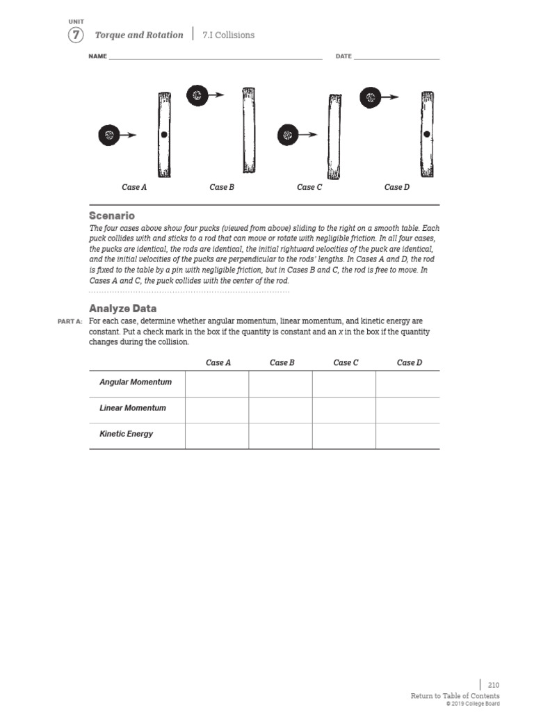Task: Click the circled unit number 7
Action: tap(76, 35)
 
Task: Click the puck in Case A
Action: tap(108, 136)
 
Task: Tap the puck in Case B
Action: tap(197, 96)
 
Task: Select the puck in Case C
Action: tap(288, 136)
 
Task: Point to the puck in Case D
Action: tap(370, 98)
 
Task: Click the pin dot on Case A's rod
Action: tap(163, 135)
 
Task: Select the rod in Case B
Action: tap(248, 129)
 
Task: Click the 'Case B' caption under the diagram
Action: tap(222, 187)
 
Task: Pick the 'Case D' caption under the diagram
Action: tap(397, 187)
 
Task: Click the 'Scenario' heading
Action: tap(112, 216)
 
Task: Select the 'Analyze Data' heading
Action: tap(122, 309)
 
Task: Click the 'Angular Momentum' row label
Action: tap(136, 382)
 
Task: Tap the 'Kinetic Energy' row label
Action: tap(127, 434)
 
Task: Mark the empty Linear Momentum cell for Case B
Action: tap(280, 410)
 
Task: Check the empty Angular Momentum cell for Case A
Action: tap(217, 384)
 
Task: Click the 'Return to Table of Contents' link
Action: tap(455, 696)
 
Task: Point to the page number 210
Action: tap(493, 685)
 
